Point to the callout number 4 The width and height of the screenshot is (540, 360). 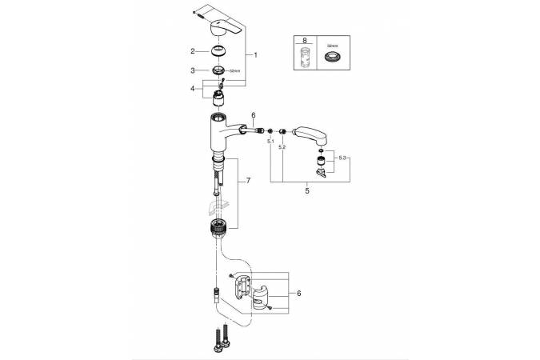coord(193,89)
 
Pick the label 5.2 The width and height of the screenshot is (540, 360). coord(282,148)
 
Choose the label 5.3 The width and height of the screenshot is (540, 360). coord(343,158)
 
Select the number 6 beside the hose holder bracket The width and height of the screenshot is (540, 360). coord(298,294)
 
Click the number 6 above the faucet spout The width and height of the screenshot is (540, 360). coord(253,117)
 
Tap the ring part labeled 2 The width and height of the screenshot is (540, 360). coord(219,51)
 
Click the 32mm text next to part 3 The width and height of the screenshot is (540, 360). coord(235,71)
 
